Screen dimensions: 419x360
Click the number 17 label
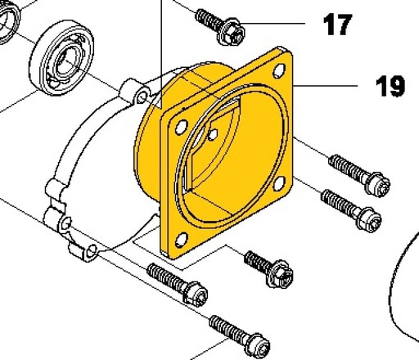[337, 25]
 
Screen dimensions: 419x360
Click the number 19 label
[390, 86]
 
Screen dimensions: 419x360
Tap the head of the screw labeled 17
[232, 32]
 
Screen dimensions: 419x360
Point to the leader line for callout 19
[325, 86]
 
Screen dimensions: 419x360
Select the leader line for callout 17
[273, 24]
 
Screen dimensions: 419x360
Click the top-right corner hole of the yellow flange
[279, 70]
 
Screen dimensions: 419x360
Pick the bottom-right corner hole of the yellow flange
[279, 183]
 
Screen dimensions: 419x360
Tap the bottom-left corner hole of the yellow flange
[182, 240]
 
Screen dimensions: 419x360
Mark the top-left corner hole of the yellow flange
[182, 127]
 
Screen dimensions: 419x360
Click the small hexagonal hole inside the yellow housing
[213, 134]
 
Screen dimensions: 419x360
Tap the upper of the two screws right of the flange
[359, 175]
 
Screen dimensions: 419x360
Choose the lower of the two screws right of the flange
[351, 210]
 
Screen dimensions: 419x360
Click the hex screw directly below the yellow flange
[268, 269]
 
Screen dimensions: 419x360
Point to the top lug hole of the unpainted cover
[142, 97]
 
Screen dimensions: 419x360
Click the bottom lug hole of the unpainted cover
[92, 250]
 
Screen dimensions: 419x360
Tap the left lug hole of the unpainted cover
[65, 224]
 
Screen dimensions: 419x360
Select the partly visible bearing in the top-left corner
[9, 21]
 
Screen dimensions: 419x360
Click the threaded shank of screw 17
[208, 19]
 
